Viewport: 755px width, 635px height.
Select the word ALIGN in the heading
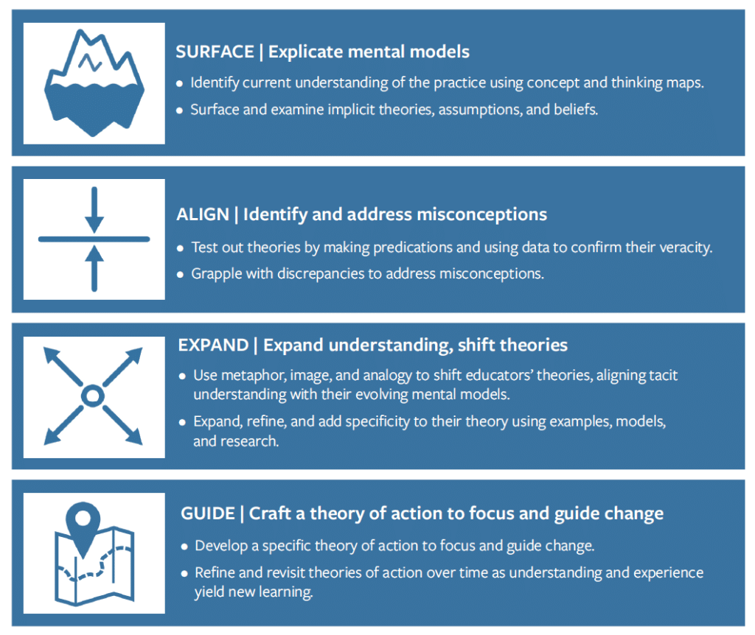click(x=201, y=214)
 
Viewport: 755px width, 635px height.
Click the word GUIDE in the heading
click(x=208, y=513)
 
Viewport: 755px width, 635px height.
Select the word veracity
click(x=683, y=248)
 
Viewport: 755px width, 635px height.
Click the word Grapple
click(x=217, y=273)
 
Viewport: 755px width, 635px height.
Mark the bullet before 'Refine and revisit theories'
click(x=184, y=573)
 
